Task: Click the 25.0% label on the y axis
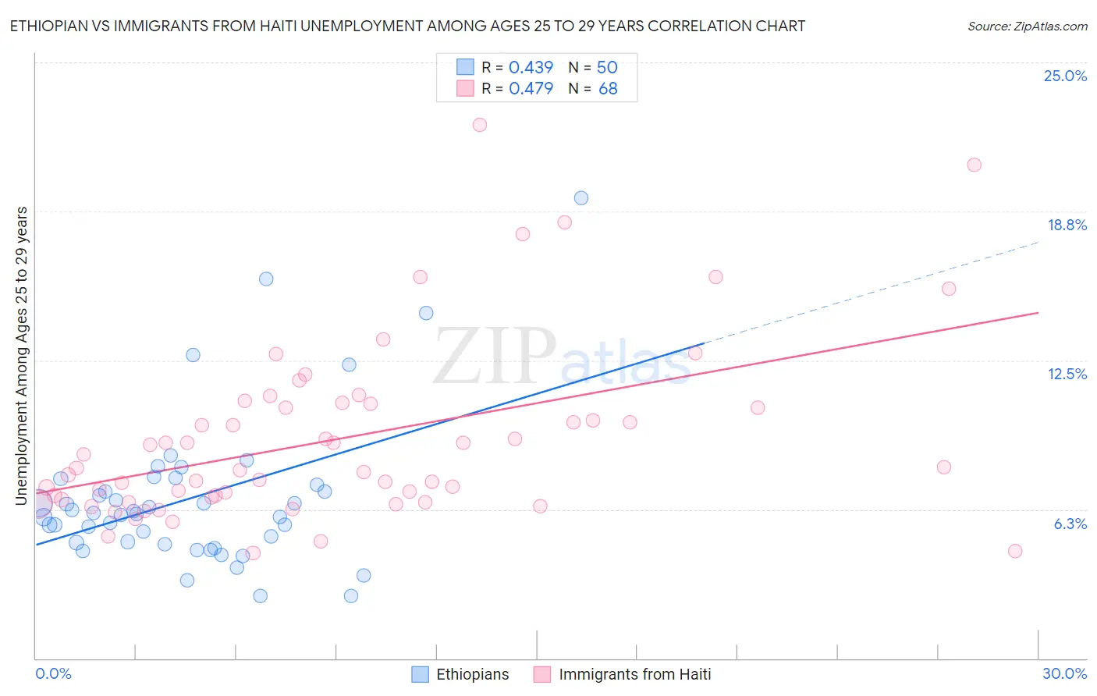[x=1065, y=76]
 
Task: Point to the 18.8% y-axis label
[x=1067, y=225]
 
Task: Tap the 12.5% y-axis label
[x=1067, y=374]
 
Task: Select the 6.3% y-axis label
[x=1070, y=524]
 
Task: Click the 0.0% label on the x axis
[x=53, y=673]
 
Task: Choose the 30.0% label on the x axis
[x=1064, y=673]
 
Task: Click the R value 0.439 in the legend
[x=531, y=68]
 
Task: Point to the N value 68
[x=608, y=89]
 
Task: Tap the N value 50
[x=607, y=68]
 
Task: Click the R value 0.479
[x=531, y=89]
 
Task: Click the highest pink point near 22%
[x=480, y=125]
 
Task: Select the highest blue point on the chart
[x=581, y=198]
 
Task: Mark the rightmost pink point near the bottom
[x=1015, y=551]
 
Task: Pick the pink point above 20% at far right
[x=974, y=165]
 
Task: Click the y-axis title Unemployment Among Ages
[x=21, y=355]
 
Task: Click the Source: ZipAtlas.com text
[x=1027, y=26]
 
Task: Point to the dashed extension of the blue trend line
[x=874, y=289]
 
